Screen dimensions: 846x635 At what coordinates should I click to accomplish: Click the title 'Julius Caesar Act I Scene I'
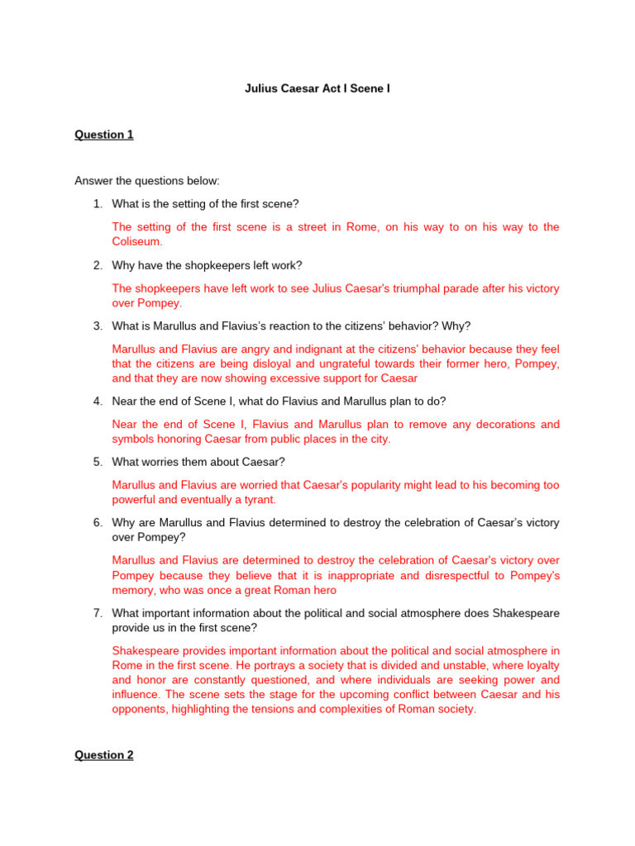[317, 88]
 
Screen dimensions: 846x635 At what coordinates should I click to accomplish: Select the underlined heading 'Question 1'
[103, 135]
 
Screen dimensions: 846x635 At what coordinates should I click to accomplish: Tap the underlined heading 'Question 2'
[103, 754]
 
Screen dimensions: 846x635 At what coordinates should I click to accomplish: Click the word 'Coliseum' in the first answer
[137, 242]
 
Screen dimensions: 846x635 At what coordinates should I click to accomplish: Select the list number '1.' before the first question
[98, 204]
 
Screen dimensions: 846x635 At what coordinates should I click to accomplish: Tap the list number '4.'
[98, 402]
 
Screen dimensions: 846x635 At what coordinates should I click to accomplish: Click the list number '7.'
[98, 613]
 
